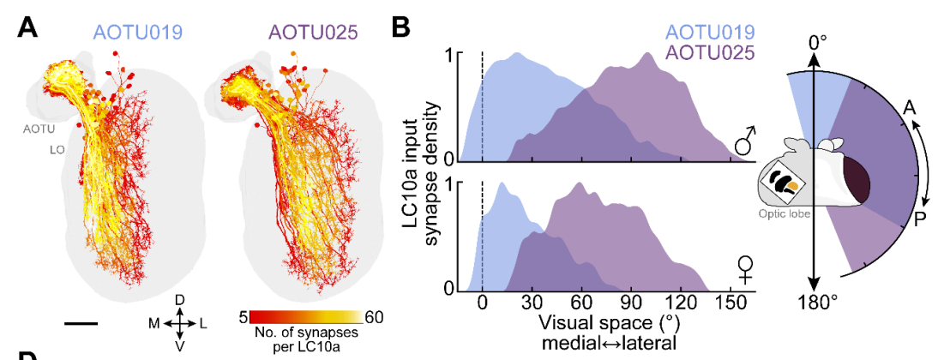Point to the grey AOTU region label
pyautogui.click(x=38, y=130)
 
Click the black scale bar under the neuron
pyautogui.click(x=81, y=323)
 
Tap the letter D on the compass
pyautogui.click(x=180, y=300)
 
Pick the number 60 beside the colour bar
pyautogui.click(x=374, y=317)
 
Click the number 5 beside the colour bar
pyautogui.click(x=244, y=317)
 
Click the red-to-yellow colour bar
pyautogui.click(x=306, y=317)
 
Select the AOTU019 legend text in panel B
pyautogui.click(x=711, y=33)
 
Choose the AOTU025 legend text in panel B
pyautogui.click(x=711, y=53)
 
